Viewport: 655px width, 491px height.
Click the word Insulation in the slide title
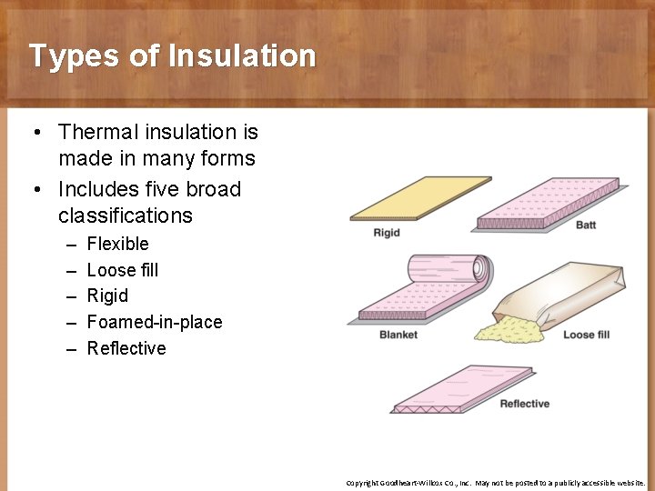(x=241, y=56)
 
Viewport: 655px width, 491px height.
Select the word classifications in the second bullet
(x=126, y=215)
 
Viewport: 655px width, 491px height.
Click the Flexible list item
(x=117, y=244)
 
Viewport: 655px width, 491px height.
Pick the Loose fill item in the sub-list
(x=122, y=270)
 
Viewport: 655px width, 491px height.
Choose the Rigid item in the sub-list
(x=107, y=296)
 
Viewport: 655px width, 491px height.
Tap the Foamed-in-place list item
(x=154, y=322)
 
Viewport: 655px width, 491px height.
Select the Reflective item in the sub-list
(x=126, y=348)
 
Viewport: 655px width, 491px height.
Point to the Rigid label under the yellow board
(x=387, y=234)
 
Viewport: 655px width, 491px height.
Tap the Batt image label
(x=586, y=225)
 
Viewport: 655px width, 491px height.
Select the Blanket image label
(x=398, y=335)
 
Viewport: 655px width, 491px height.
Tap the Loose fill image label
(x=586, y=335)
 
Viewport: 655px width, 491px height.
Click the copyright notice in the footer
(x=495, y=483)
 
